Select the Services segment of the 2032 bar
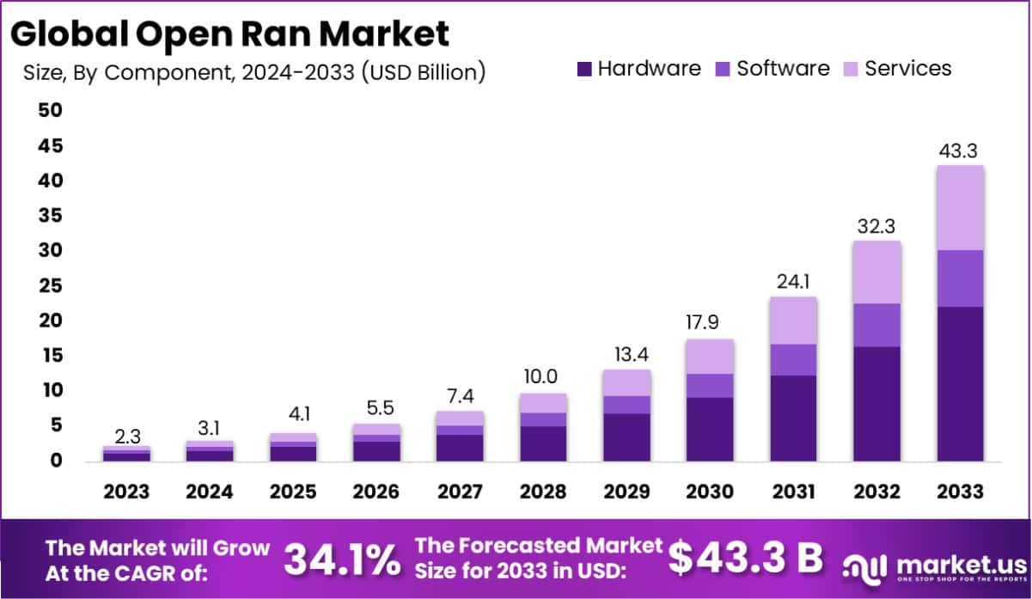tap(876, 272)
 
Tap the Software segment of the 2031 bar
tap(793, 359)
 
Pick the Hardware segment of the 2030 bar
tap(710, 429)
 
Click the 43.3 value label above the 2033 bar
tap(960, 150)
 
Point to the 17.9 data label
tap(710, 323)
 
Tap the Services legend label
tap(907, 69)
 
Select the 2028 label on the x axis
tap(543, 492)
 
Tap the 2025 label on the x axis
tap(293, 492)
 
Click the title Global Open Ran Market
tap(230, 34)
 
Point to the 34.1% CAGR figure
tap(342, 559)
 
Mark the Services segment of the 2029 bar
tap(626, 382)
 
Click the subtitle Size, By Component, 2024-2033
tap(254, 72)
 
